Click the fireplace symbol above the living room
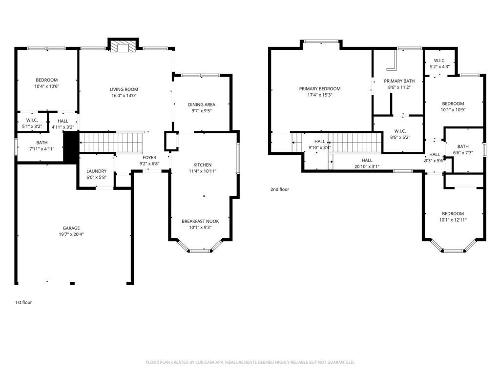(123, 46)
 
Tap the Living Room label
(124, 89)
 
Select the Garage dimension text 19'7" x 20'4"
(71, 234)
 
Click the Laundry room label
(96, 171)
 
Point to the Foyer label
(149, 158)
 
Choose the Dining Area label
(202, 104)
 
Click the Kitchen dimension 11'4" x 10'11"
(202, 171)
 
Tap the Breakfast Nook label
(200, 221)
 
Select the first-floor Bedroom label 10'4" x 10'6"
(46, 80)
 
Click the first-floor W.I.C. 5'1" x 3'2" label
(32, 120)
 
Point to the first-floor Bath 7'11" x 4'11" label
(42, 143)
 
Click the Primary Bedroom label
(320, 89)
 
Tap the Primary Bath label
(399, 81)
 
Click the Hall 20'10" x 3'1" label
(367, 160)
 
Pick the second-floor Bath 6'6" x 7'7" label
(463, 146)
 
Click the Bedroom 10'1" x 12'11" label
(453, 213)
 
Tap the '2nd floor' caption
(280, 189)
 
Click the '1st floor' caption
(23, 302)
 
